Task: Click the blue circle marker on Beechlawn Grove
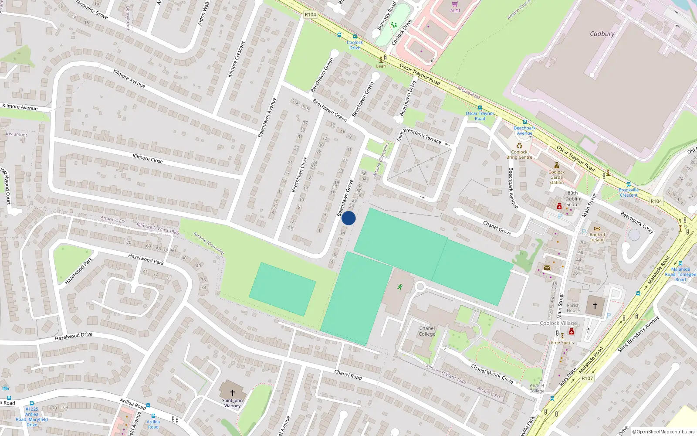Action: (x=348, y=218)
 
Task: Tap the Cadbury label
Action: (x=602, y=34)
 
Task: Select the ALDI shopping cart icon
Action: (x=455, y=4)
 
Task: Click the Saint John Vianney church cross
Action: (x=233, y=393)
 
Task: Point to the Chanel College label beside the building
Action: (x=427, y=331)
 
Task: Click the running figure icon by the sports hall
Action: (x=399, y=287)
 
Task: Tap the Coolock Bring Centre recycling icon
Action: (x=519, y=146)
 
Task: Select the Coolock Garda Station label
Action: (x=556, y=177)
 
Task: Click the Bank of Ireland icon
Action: (x=597, y=228)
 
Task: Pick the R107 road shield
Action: (x=587, y=378)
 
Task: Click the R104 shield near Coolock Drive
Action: (x=311, y=14)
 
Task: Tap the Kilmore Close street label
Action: (x=148, y=158)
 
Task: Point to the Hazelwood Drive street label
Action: (x=74, y=336)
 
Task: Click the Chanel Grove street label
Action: (x=497, y=228)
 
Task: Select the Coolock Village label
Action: (x=558, y=323)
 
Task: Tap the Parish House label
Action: (x=573, y=308)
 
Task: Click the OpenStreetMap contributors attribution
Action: (x=663, y=432)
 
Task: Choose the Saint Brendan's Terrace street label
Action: (x=419, y=135)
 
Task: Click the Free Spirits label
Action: (x=562, y=343)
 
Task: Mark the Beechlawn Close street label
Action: (x=299, y=174)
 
